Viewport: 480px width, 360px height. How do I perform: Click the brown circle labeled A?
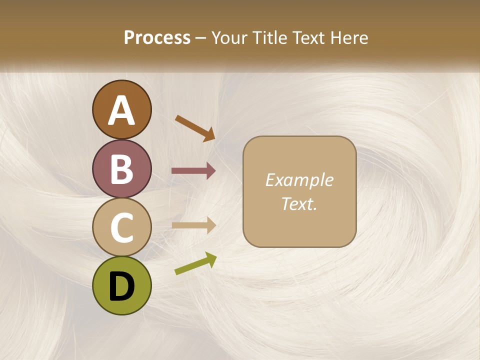[121, 109]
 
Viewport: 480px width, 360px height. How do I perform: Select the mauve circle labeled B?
[121, 168]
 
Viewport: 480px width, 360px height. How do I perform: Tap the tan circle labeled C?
[121, 227]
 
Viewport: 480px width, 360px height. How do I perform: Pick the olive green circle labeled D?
[121, 285]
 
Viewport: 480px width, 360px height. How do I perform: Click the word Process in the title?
[157, 37]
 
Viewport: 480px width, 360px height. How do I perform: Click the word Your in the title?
[229, 37]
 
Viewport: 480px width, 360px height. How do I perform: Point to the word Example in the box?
[299, 180]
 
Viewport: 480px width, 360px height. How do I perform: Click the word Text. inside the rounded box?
[299, 203]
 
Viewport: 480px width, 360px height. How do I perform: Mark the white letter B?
[121, 169]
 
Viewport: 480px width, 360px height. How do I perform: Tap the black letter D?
[121, 286]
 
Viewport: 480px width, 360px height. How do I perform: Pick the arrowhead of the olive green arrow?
[210, 259]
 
